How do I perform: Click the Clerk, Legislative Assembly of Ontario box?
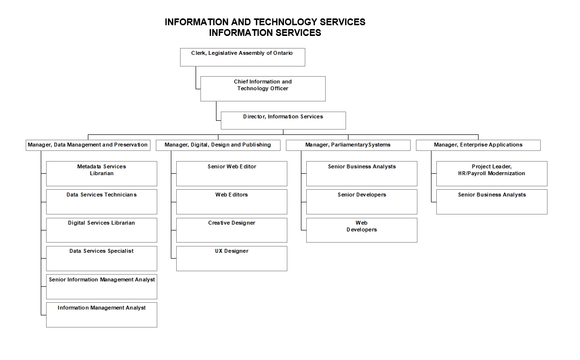tap(242, 57)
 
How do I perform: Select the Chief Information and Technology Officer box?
tap(263, 88)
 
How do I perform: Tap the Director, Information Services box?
tap(283, 120)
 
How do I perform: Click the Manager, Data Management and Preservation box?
tap(88, 145)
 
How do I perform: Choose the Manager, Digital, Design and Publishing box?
tap(218, 145)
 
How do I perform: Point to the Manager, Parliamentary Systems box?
tap(348, 145)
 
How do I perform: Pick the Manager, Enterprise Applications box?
tap(478, 145)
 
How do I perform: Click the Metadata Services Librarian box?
tap(101, 174)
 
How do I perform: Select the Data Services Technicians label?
tap(101, 195)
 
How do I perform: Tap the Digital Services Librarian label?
tap(101, 223)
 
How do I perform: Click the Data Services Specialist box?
tap(101, 258)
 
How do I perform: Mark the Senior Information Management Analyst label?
tap(102, 280)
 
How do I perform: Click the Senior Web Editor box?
tap(232, 174)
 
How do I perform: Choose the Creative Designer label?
tap(232, 223)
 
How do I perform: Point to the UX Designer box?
tap(232, 258)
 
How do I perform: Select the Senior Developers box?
tap(362, 202)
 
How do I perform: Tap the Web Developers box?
tap(362, 230)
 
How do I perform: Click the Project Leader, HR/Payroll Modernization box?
tap(492, 174)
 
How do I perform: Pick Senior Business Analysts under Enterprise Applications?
tap(492, 202)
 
